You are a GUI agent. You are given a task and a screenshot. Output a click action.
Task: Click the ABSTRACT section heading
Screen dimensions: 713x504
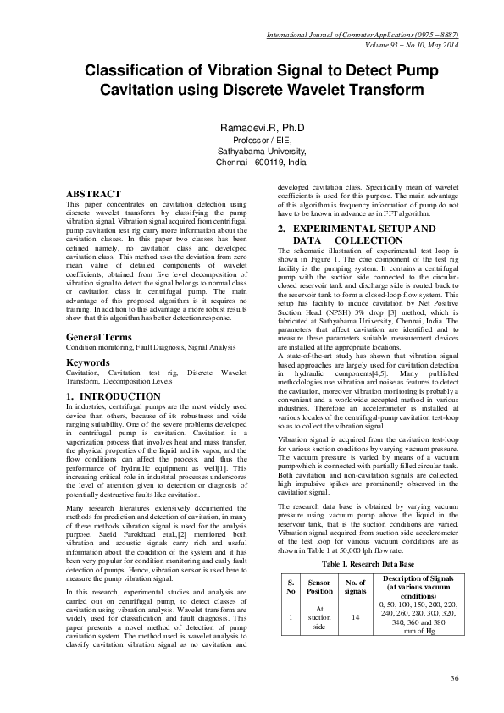pyautogui.click(x=93, y=194)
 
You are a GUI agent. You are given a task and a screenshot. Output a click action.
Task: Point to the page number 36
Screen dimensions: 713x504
pyautogui.click(x=455, y=678)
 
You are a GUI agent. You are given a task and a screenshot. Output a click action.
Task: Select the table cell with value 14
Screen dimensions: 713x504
pyautogui.click(x=355, y=619)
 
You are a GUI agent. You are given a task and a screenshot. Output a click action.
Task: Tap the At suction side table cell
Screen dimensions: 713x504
pyautogui.click(x=318, y=619)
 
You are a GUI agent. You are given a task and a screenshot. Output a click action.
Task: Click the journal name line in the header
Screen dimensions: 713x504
pyautogui.click(x=363, y=36)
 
